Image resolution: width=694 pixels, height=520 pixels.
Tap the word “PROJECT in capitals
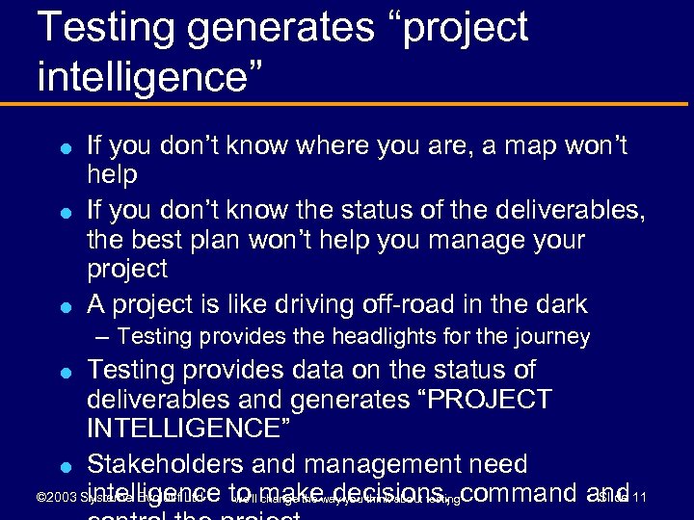pyautogui.click(x=478, y=399)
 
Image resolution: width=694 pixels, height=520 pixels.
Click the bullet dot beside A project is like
pyautogui.click(x=63, y=306)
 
